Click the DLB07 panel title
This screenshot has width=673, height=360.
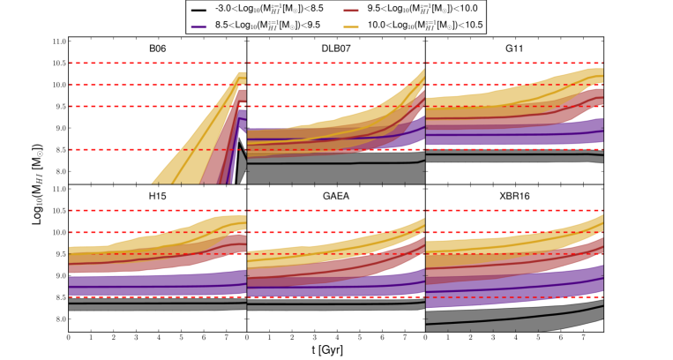(x=335, y=50)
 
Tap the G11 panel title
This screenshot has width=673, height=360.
(x=512, y=50)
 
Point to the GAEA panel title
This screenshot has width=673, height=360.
(x=335, y=197)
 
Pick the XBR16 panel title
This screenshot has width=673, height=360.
(x=512, y=197)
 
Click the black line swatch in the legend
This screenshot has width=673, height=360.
(x=200, y=8)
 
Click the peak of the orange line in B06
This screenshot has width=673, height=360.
(x=240, y=77)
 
